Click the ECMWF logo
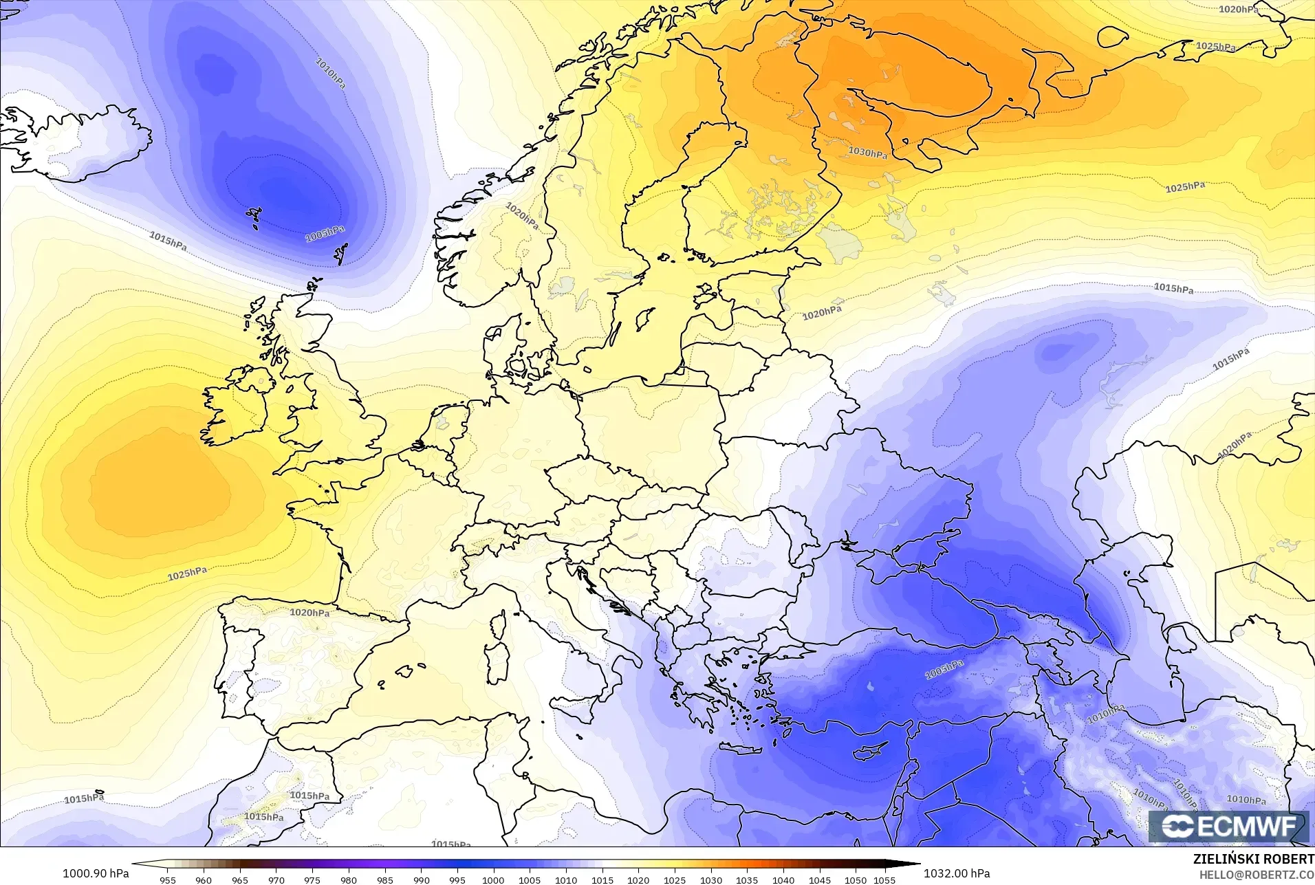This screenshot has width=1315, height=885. pyautogui.click(x=1228, y=826)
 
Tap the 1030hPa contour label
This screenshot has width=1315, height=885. pyautogui.click(x=867, y=153)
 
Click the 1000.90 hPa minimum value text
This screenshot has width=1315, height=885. pyautogui.click(x=96, y=873)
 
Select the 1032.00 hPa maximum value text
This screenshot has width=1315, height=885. pyautogui.click(x=957, y=873)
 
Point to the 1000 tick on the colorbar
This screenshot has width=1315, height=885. pyautogui.click(x=493, y=879)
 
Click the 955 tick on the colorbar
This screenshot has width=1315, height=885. pyautogui.click(x=167, y=879)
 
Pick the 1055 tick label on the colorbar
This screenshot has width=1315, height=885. pyautogui.click(x=884, y=879)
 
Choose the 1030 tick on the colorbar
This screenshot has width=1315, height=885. pyautogui.click(x=711, y=879)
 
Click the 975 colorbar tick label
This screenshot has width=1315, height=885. pyautogui.click(x=312, y=879)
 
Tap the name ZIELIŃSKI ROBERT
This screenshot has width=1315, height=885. pyautogui.click(x=1254, y=860)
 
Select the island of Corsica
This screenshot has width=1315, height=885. pyautogui.click(x=497, y=624)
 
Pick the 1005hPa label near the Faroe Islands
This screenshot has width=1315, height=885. pyautogui.click(x=325, y=234)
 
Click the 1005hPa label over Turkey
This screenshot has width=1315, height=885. pyautogui.click(x=944, y=669)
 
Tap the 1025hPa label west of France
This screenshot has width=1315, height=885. pyautogui.click(x=187, y=573)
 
